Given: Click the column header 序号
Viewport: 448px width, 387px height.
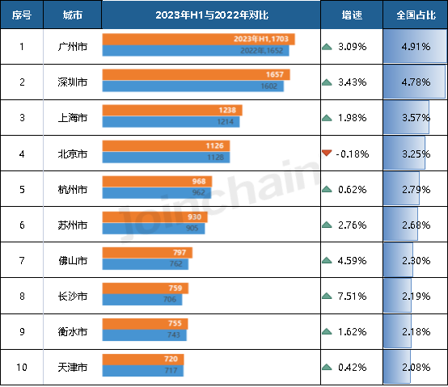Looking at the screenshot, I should click(20, 15).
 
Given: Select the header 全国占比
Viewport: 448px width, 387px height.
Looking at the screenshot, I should click(412, 15).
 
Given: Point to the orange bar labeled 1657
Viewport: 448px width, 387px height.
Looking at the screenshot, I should click(196, 75).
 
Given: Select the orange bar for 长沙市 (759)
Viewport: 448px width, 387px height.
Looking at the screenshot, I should click(146, 288).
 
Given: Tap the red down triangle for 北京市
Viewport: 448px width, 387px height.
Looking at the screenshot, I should click(327, 153).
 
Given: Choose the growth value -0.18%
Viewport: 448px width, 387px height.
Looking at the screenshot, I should click(353, 153).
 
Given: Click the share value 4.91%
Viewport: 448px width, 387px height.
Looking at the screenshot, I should click(412, 46).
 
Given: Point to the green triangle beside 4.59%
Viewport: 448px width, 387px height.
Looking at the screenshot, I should click(327, 259).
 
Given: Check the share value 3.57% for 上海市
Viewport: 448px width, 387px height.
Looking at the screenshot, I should click(412, 117).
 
